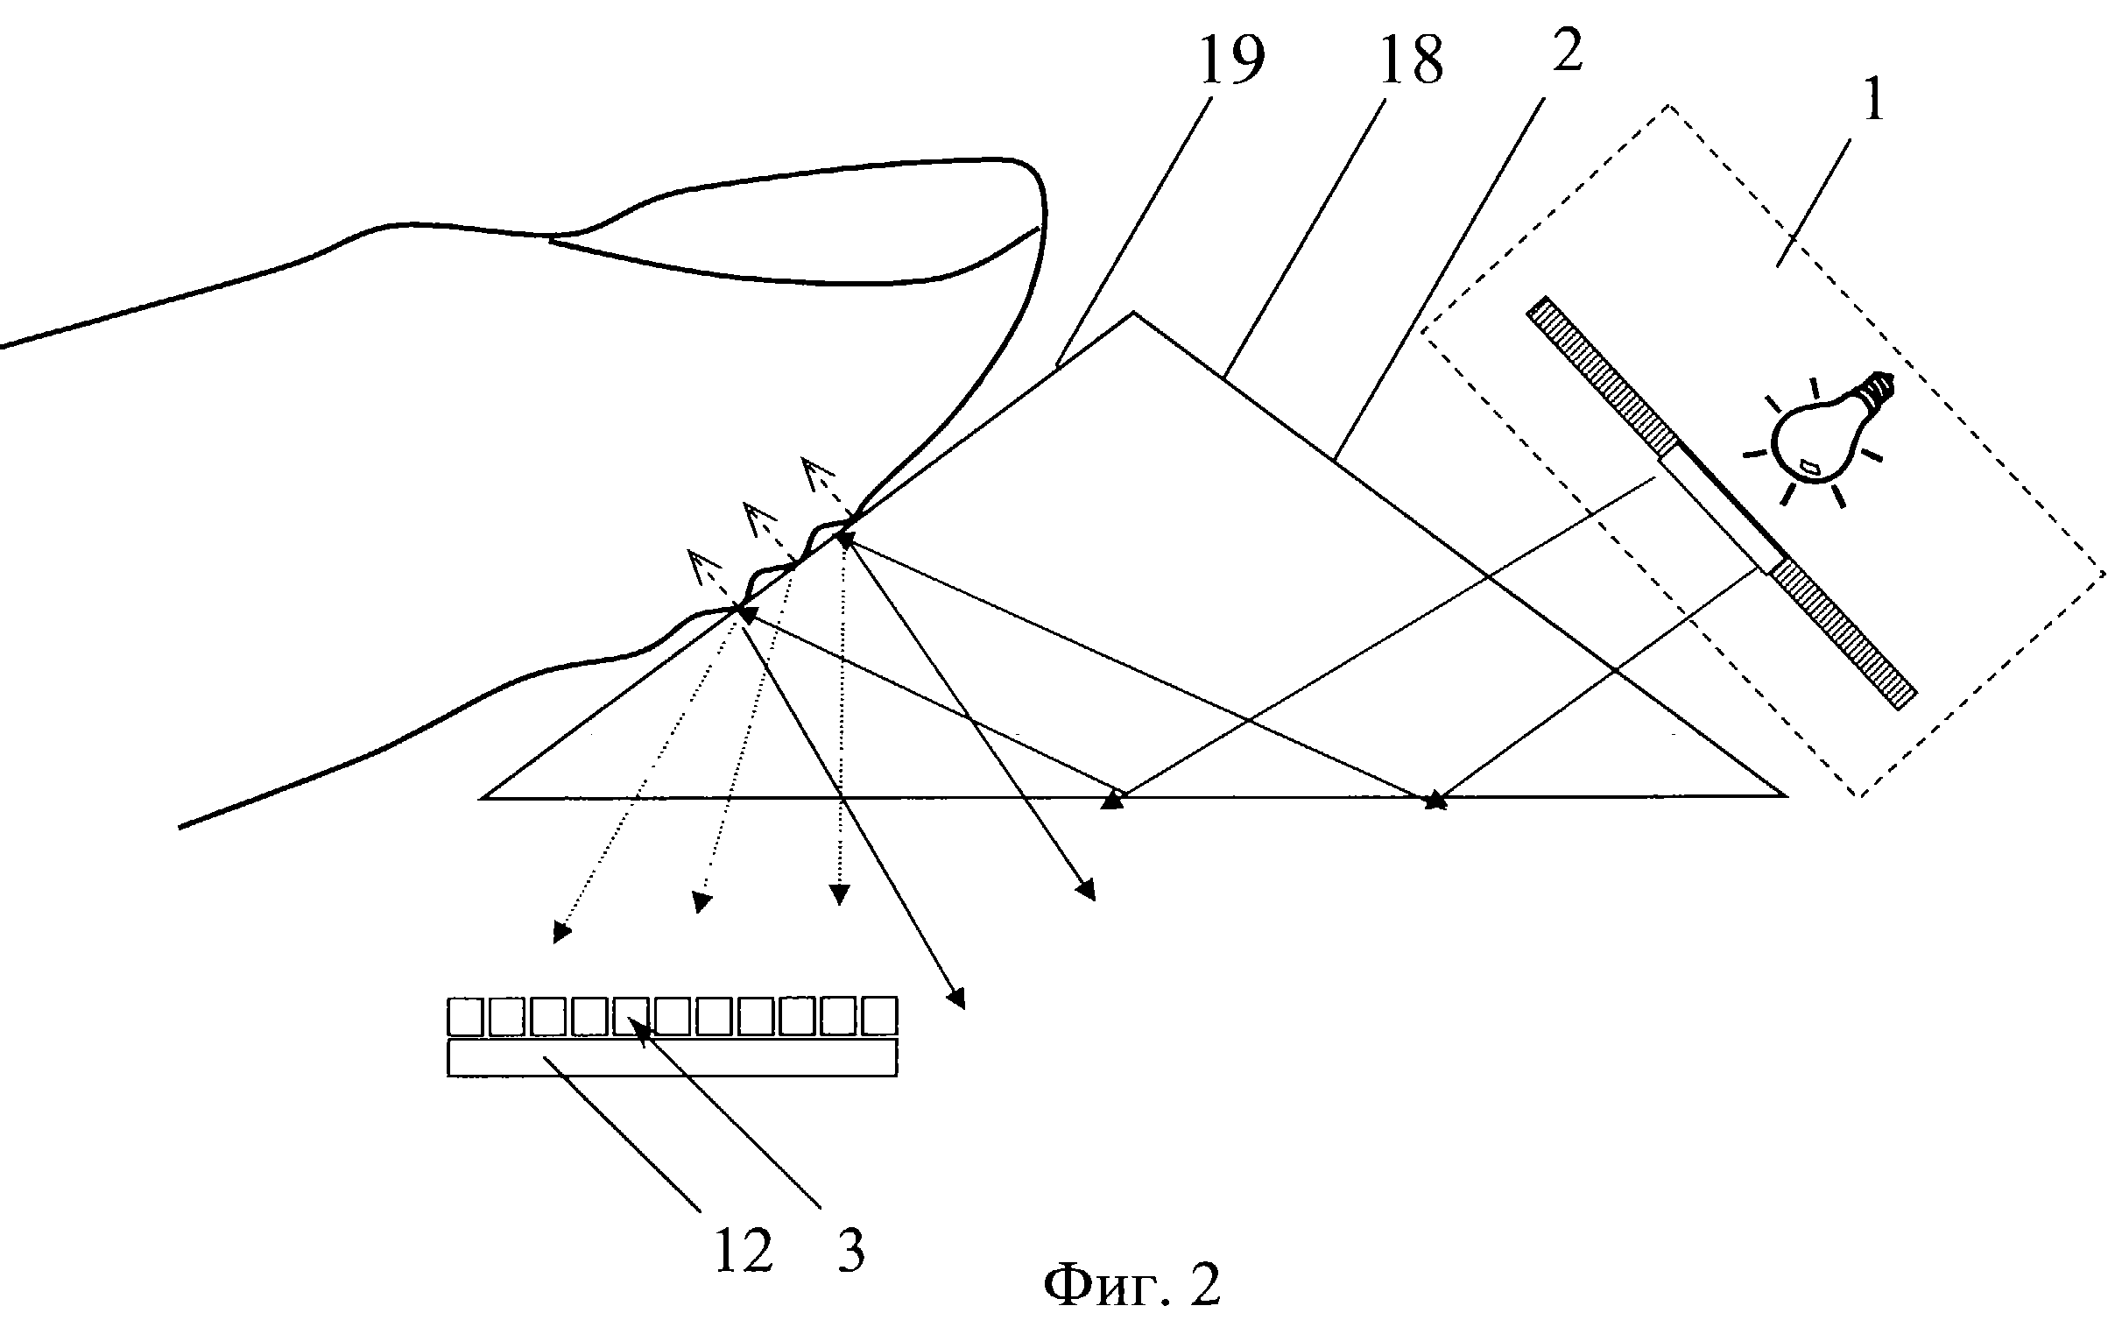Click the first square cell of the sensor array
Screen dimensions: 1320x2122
point(466,1016)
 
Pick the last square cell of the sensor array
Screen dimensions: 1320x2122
point(879,1016)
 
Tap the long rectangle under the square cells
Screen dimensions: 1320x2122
point(672,1057)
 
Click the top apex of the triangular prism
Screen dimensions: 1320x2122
point(1134,313)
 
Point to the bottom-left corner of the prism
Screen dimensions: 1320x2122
point(483,797)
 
